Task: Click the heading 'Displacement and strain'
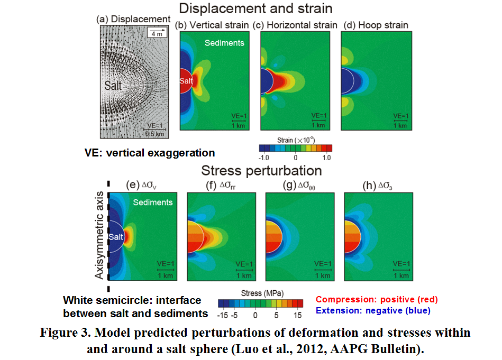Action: coord(255,9)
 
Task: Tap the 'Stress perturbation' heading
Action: coord(261,171)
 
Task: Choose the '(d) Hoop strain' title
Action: coord(376,25)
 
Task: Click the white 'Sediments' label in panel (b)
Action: coord(224,42)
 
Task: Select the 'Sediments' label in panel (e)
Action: coord(153,202)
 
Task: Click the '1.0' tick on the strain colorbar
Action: coord(326,158)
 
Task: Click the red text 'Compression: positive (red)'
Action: coord(377,299)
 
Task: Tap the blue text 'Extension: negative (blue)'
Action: coord(373,310)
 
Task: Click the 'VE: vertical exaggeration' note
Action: coord(150,153)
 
